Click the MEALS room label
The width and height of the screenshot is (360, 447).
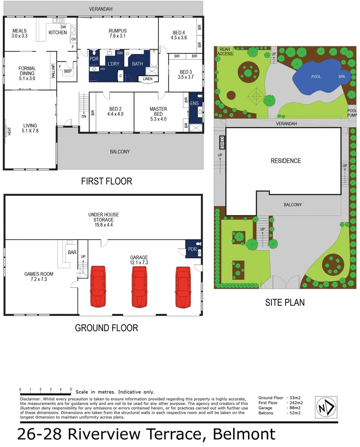(x=19, y=31)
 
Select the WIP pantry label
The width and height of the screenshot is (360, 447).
(x=67, y=71)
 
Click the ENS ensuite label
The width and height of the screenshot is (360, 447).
(x=194, y=103)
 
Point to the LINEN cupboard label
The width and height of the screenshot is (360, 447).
(x=148, y=79)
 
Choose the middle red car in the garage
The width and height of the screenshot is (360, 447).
(x=139, y=286)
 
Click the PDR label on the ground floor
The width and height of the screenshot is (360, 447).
(x=192, y=249)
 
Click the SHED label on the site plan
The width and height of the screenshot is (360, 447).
(x=222, y=142)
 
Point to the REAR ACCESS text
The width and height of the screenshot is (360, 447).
(x=225, y=51)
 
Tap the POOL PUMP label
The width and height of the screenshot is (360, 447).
(x=352, y=113)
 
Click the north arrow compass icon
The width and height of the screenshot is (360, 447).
(x=326, y=406)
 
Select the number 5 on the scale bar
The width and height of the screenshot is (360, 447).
(x=71, y=389)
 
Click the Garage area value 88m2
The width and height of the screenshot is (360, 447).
(x=295, y=408)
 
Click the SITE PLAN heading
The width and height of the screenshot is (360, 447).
(x=285, y=303)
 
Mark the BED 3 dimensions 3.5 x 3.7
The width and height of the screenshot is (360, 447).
(x=185, y=77)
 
